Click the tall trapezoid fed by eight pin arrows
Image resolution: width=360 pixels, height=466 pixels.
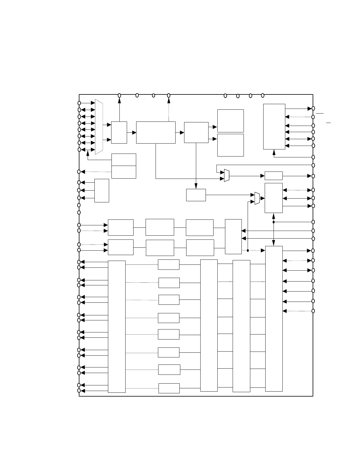99,127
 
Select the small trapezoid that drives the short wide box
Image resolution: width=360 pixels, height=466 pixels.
226,175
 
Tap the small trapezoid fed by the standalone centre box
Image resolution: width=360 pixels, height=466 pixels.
257,198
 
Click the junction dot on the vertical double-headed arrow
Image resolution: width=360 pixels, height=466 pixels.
274,222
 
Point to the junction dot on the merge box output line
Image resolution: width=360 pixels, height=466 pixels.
248,251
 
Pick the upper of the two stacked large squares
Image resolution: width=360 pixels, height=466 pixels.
230,121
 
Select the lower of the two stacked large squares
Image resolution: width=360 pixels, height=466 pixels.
230,145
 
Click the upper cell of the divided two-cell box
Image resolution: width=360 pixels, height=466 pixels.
124,160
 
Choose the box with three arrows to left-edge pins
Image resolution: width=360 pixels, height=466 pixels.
101,190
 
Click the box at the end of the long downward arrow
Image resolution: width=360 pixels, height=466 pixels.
196,195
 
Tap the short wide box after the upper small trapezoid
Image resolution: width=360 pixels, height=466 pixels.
274,176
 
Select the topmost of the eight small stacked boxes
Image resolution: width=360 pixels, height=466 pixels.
169,264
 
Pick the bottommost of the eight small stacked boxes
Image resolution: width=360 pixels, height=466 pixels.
169,388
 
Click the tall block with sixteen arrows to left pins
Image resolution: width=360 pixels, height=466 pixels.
116,327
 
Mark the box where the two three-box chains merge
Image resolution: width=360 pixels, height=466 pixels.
233,237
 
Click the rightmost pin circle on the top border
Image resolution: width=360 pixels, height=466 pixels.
263,95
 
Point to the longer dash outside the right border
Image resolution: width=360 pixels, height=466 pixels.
319,113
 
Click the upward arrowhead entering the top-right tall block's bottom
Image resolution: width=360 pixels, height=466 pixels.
274,152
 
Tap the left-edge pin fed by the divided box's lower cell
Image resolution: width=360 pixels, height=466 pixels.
79,172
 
